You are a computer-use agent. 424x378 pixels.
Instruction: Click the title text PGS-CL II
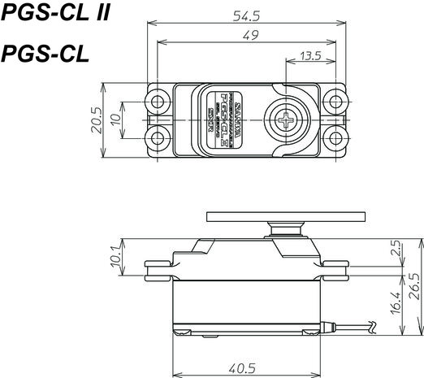(55, 14)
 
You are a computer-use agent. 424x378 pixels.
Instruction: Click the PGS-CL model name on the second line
(45, 54)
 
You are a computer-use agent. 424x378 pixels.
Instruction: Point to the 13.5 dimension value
(310, 56)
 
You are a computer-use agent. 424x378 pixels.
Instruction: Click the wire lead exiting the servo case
(357, 328)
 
